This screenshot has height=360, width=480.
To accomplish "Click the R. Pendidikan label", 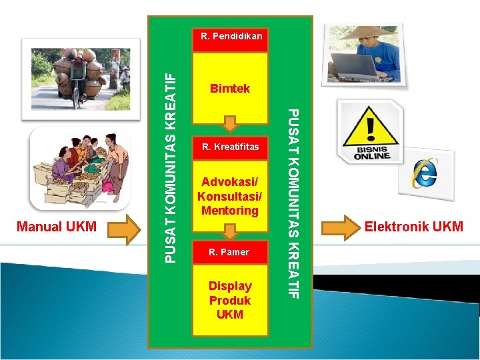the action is click(x=231, y=35).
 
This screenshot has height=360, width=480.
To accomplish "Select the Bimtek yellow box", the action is click(x=230, y=88).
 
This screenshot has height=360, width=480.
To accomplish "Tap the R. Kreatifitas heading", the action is click(x=230, y=146).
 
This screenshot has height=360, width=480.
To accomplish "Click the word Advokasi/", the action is click(x=229, y=182).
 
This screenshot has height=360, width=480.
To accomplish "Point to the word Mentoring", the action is click(x=230, y=211).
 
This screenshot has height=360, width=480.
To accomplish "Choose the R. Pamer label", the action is click(x=229, y=252).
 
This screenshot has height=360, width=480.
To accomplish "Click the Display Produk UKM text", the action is click(x=230, y=299).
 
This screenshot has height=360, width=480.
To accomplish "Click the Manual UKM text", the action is click(x=57, y=227).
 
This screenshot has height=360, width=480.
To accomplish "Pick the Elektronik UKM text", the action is click(x=413, y=227).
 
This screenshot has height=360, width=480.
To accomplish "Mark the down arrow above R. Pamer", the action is click(x=230, y=231).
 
